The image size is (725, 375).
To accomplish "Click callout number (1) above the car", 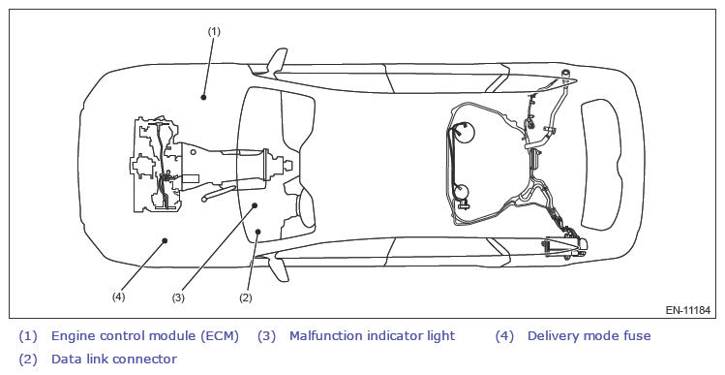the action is pyautogui.click(x=214, y=31).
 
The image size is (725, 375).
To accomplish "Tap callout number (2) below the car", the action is pyautogui.click(x=246, y=297).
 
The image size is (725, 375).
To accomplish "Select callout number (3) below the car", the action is pyautogui.click(x=178, y=297).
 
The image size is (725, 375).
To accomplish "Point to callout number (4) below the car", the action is pyautogui.click(x=118, y=297).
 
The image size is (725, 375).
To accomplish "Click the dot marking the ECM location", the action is pyautogui.click(x=203, y=97).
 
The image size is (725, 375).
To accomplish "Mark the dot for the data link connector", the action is pyautogui.click(x=258, y=232).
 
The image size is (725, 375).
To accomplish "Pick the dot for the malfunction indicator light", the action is pyautogui.click(x=255, y=205).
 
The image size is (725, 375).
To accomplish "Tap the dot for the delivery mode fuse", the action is pyautogui.click(x=165, y=240).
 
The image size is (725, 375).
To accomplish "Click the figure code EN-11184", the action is pyautogui.click(x=687, y=310).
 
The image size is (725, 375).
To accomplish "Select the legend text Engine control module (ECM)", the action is pyautogui.click(x=145, y=335).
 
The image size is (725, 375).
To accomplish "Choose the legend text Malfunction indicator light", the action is pyautogui.click(x=373, y=335).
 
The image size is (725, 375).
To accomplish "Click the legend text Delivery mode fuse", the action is pyautogui.click(x=589, y=335).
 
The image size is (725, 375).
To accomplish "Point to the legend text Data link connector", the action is pyautogui.click(x=114, y=359).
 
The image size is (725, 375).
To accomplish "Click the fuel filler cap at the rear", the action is pyautogui.click(x=564, y=73).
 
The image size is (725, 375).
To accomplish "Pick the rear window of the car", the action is pyautogui.click(x=601, y=165).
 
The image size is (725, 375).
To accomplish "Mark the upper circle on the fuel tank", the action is pyautogui.click(x=464, y=132).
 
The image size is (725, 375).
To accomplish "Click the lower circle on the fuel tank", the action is pyautogui.click(x=462, y=192).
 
